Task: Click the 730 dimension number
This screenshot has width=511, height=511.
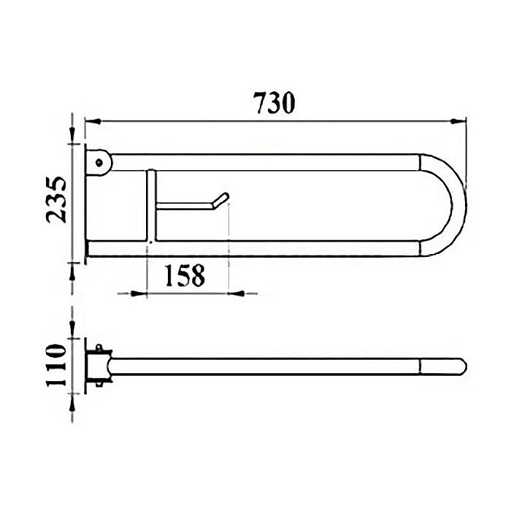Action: point(274,103)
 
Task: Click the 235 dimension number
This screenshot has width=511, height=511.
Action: point(56,199)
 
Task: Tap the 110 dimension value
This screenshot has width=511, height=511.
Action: point(56,366)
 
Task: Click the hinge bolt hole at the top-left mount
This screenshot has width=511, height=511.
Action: point(99,161)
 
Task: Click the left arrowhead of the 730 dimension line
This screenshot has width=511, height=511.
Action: point(90,120)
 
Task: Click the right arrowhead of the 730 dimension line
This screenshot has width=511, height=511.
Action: point(461,120)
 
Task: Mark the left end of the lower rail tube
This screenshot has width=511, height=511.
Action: point(89,248)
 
